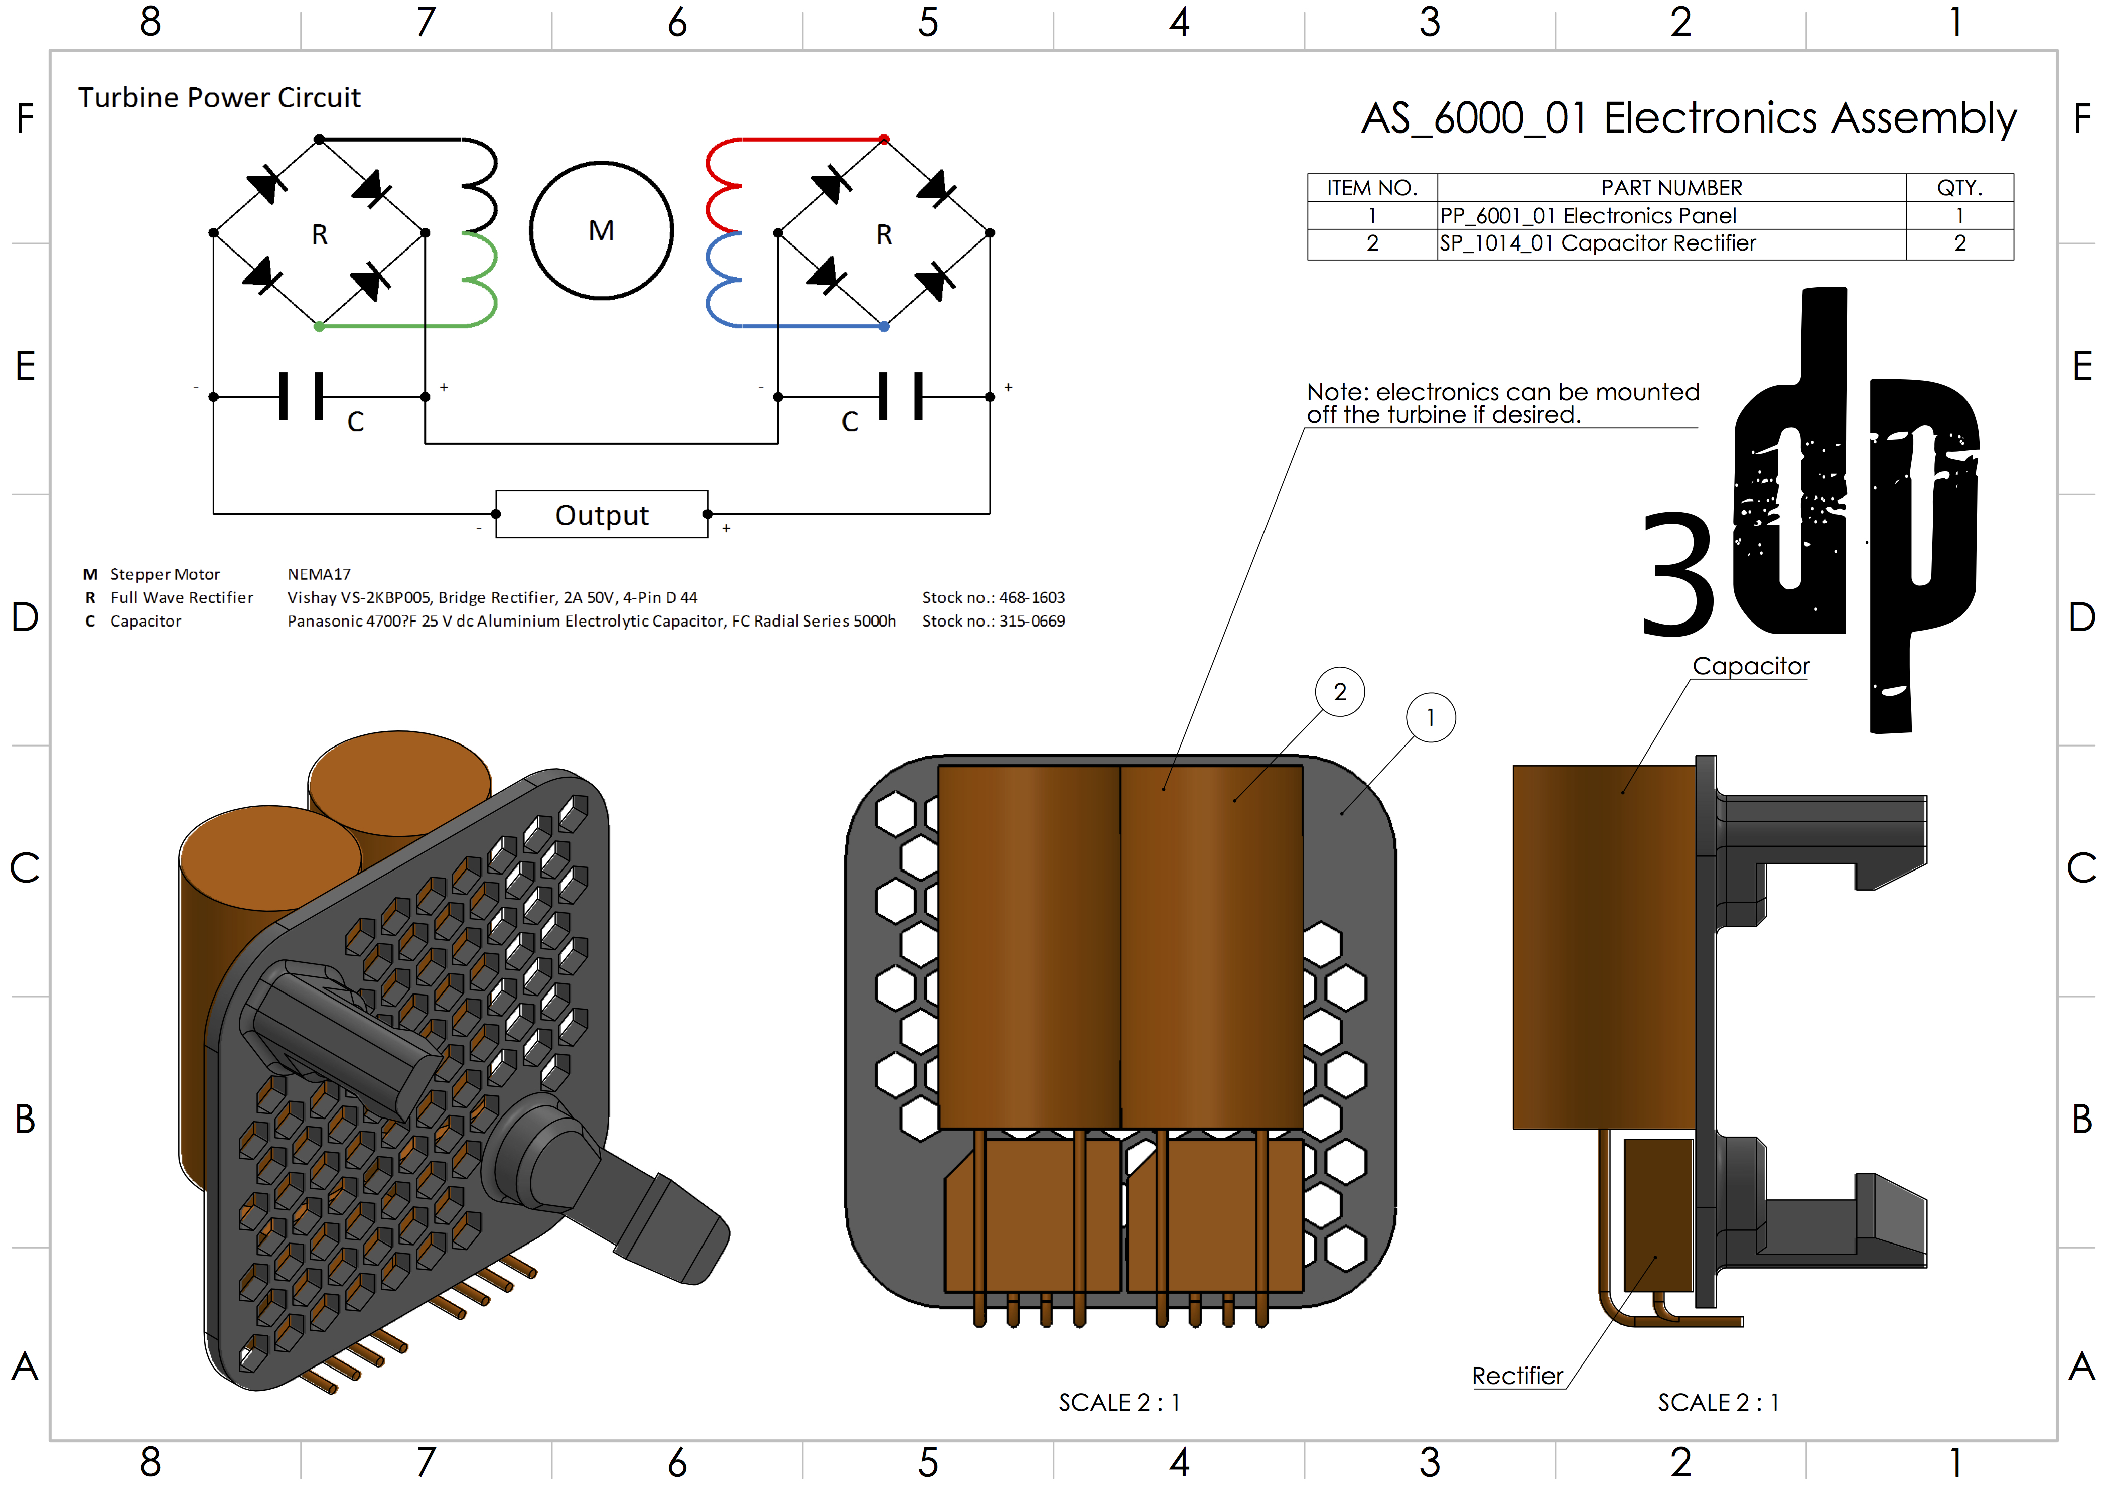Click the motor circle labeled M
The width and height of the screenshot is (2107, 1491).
[601, 230]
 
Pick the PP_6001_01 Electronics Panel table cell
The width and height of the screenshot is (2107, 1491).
[1588, 216]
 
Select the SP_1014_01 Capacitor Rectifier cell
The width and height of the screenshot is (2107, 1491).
[1597, 243]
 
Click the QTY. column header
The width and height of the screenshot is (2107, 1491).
[1959, 188]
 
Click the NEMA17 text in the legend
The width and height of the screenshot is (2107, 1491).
[319, 575]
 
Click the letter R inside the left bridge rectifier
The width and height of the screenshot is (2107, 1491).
[319, 235]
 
